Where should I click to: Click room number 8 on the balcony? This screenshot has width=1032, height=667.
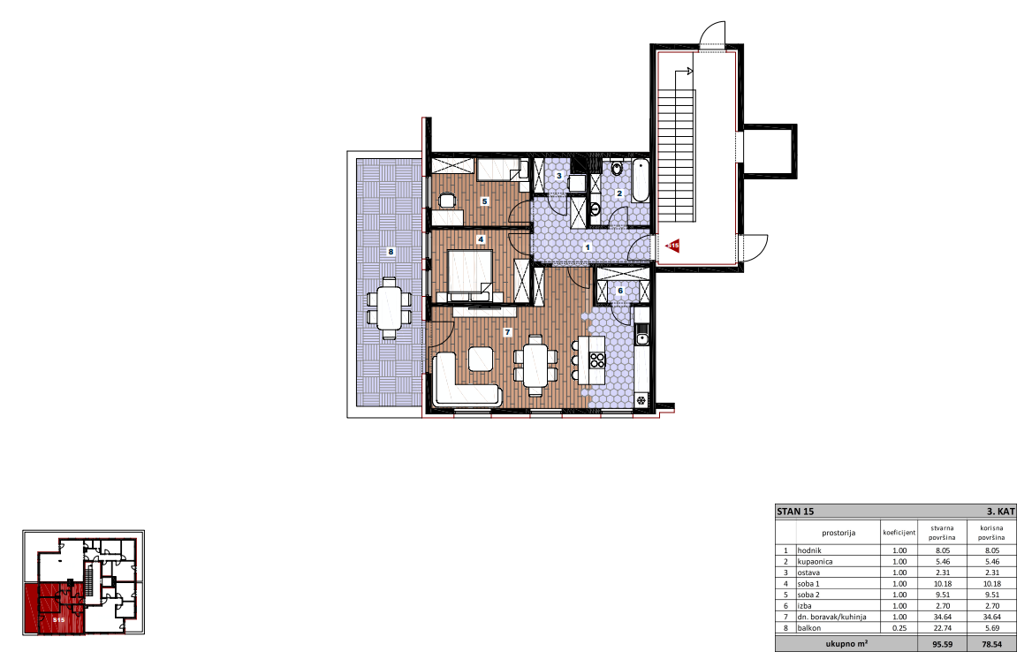(x=391, y=252)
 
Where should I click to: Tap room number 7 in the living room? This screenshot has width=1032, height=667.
(x=507, y=332)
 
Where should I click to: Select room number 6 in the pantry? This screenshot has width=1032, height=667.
(x=620, y=291)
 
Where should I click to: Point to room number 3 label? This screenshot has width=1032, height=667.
(x=558, y=176)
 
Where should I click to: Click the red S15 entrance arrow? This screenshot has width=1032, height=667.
(x=672, y=246)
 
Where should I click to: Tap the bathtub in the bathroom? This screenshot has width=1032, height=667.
(x=641, y=180)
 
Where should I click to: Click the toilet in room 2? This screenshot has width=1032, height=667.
(x=617, y=169)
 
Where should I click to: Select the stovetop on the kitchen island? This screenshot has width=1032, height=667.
(x=597, y=360)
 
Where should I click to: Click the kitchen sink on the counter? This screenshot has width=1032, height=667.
(x=641, y=339)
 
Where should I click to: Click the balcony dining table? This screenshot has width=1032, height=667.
(x=390, y=307)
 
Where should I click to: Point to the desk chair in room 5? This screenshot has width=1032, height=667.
(x=448, y=200)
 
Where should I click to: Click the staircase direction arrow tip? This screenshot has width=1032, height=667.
(x=693, y=71)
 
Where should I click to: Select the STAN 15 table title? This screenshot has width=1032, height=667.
(x=795, y=512)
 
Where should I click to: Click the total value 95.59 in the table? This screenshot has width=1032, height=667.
(x=943, y=644)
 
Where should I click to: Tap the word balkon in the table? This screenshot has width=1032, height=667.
(x=808, y=628)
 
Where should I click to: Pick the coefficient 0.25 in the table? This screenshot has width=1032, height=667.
(x=899, y=628)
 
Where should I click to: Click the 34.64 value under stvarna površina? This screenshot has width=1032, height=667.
(x=943, y=617)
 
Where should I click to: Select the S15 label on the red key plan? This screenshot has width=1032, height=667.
(x=58, y=619)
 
